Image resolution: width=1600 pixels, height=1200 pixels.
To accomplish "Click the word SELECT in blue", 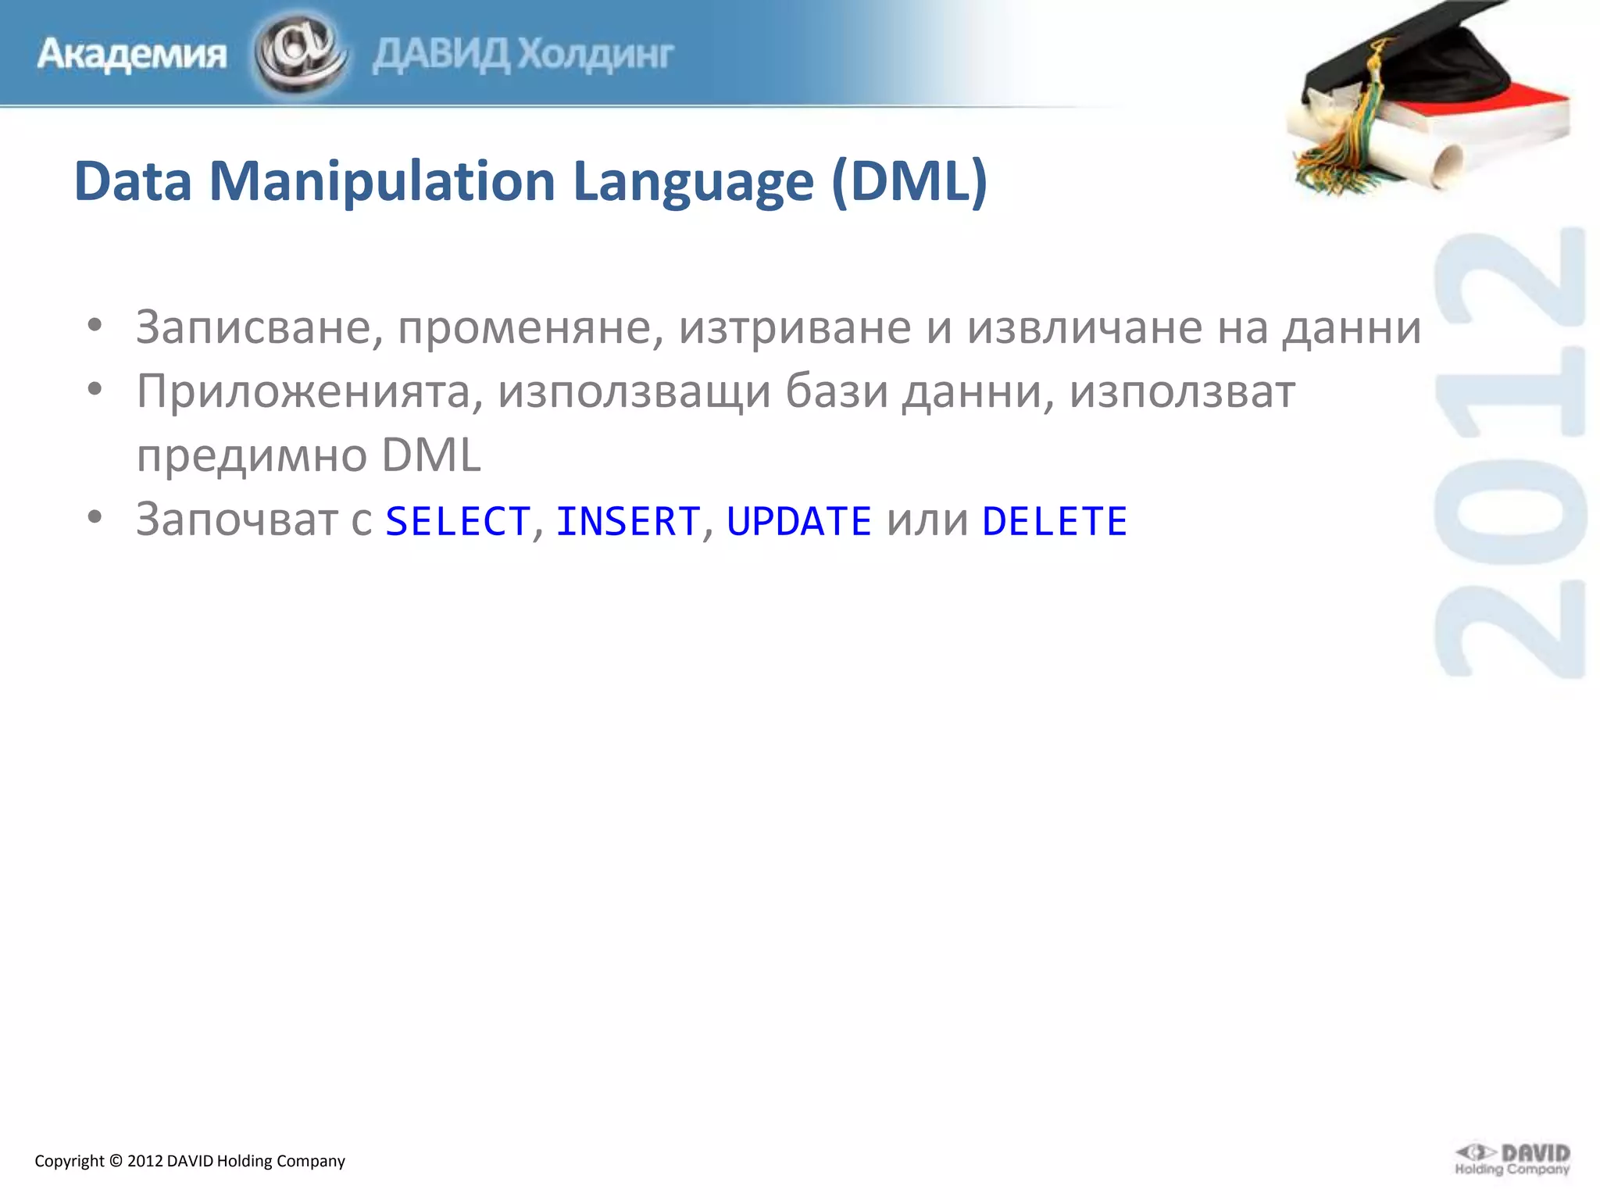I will tap(458, 521).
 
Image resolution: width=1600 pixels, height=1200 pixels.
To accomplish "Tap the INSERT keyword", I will tap(628, 521).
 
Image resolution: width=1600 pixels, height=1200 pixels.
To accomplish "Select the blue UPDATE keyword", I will tap(798, 521).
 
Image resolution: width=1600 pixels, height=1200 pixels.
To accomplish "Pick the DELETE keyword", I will tap(1055, 521).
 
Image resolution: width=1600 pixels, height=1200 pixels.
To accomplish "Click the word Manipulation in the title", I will tap(382, 181).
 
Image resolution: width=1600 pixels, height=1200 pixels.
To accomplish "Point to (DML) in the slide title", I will tap(909, 181).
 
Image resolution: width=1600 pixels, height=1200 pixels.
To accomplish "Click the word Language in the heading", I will tap(693, 181).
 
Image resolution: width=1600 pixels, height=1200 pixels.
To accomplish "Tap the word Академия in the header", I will tap(131, 55).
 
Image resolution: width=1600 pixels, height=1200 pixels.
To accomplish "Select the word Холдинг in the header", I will tap(595, 55).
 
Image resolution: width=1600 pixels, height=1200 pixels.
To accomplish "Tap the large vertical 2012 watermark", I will tap(1509, 453).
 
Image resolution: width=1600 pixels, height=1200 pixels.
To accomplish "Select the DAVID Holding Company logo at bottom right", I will tap(1512, 1159).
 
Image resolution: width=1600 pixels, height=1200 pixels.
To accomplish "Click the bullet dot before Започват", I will tap(95, 517).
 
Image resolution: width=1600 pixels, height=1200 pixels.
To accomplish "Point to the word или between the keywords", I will tap(927, 521).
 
